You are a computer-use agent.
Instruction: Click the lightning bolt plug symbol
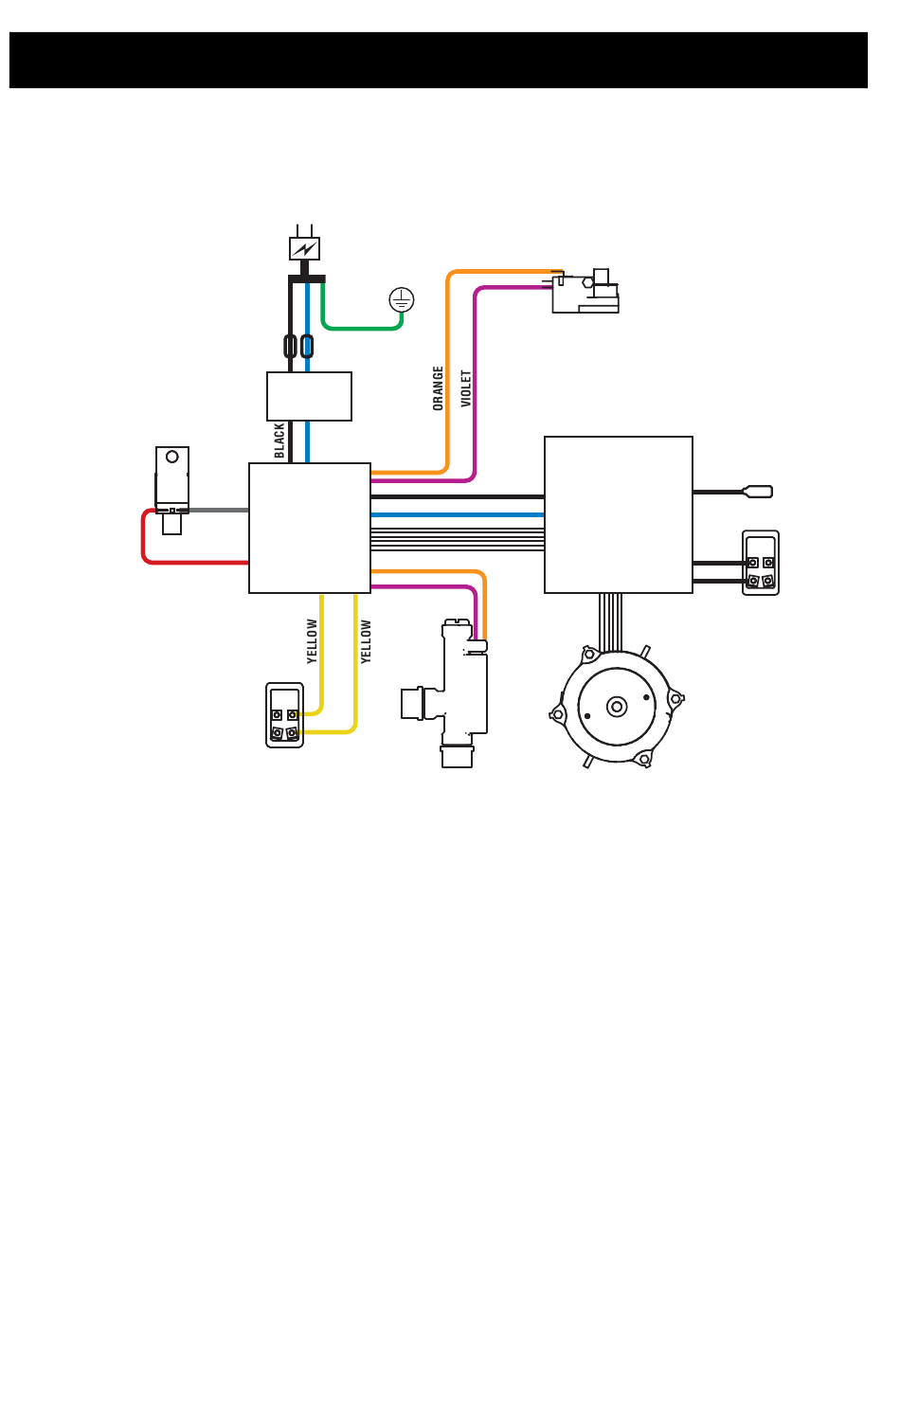[304, 248]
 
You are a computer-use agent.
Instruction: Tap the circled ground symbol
[401, 299]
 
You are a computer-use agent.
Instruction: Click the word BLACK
[279, 440]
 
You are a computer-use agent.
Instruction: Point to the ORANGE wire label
[438, 388]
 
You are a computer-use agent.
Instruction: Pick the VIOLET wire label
[466, 388]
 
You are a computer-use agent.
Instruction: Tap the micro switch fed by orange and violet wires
[585, 292]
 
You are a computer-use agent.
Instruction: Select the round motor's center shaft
[617, 707]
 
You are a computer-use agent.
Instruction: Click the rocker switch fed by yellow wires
[284, 715]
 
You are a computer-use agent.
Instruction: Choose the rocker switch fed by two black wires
[761, 563]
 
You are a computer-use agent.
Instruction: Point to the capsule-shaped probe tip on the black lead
[758, 492]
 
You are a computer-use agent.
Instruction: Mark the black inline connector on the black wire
[290, 346]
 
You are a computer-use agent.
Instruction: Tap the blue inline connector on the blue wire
[307, 346]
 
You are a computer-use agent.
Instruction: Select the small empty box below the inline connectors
[309, 396]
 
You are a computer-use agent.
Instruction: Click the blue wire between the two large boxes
[458, 514]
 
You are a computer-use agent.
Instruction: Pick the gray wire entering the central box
[219, 510]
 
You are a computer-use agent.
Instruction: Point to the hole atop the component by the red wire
[172, 457]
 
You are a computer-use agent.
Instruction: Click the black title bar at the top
[438, 60]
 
